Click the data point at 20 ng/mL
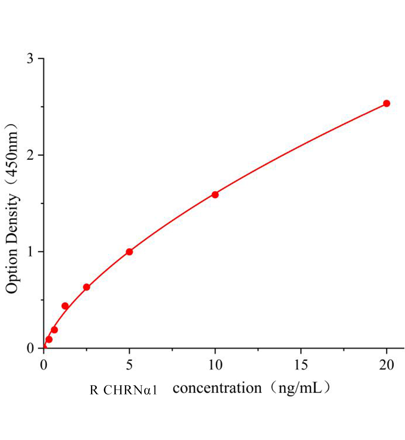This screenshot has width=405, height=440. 386,103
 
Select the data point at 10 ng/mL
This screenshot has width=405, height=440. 215,194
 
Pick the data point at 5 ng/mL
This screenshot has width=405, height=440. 129,252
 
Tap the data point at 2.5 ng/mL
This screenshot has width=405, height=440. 87,287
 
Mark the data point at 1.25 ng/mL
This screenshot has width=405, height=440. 65,306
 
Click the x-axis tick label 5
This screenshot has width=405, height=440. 129,365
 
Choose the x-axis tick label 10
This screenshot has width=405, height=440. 215,365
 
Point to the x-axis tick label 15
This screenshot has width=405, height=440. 301,365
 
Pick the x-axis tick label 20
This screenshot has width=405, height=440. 386,365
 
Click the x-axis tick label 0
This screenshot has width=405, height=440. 44,365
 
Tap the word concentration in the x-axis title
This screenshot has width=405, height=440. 217,388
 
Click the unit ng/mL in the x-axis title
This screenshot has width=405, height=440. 299,388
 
